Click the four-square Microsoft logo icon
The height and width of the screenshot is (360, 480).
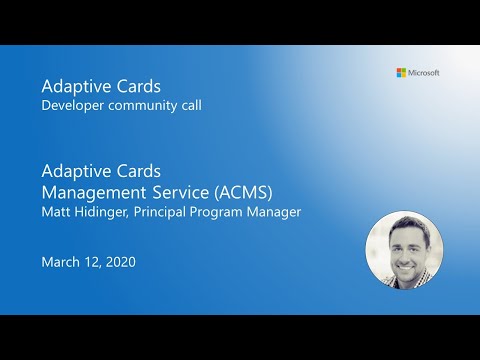[x=401, y=72]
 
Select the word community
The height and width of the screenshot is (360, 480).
[x=145, y=105]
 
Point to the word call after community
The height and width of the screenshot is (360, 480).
[x=191, y=105]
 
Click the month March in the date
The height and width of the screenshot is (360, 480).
[x=61, y=263]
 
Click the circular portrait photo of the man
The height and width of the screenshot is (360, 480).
[x=403, y=249]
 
